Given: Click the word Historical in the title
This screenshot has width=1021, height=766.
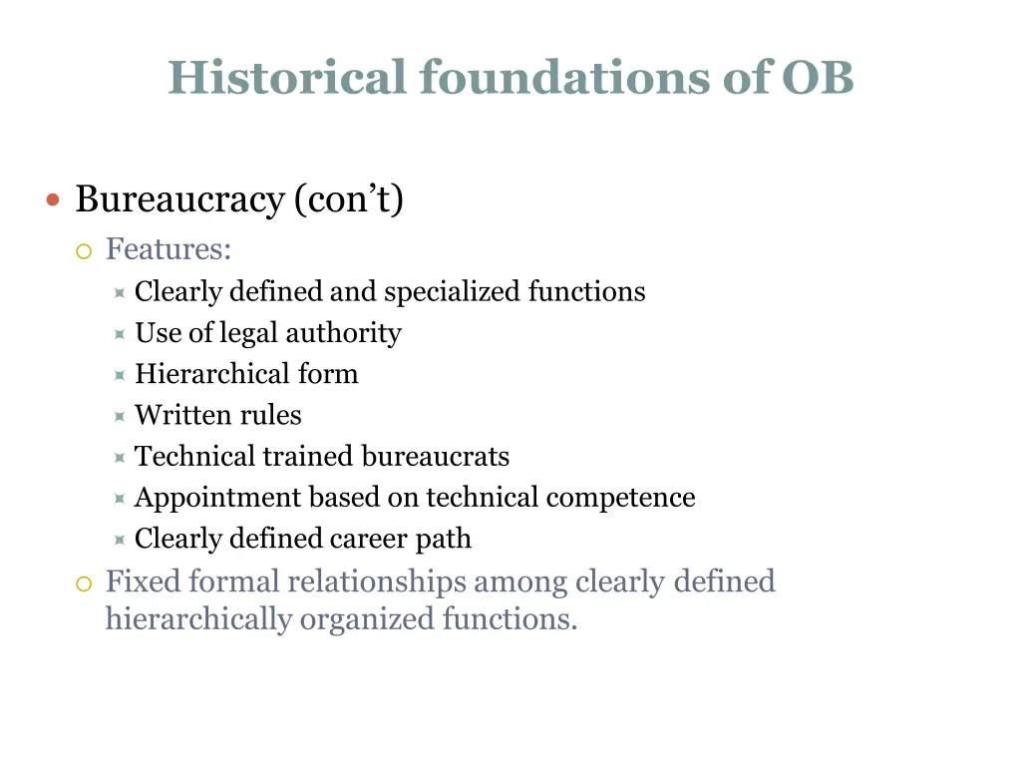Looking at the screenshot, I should pyautogui.click(x=287, y=77).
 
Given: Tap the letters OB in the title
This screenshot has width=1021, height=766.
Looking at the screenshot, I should pyautogui.click(x=818, y=77).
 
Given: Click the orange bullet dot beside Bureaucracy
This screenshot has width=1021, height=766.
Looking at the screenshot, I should pyautogui.click(x=54, y=200).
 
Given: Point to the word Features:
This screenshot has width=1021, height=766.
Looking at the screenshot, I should pyautogui.click(x=169, y=248).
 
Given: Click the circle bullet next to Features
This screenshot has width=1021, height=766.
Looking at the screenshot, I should pyautogui.click(x=85, y=250).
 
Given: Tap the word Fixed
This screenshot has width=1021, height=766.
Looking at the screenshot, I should pyautogui.click(x=143, y=580).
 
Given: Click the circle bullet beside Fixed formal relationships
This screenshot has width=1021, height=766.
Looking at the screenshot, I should pyautogui.click(x=85, y=583).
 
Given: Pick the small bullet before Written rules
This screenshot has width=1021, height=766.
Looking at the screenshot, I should pyautogui.click(x=119, y=416).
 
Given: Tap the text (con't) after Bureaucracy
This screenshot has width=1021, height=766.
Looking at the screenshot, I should pyautogui.click(x=349, y=200).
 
